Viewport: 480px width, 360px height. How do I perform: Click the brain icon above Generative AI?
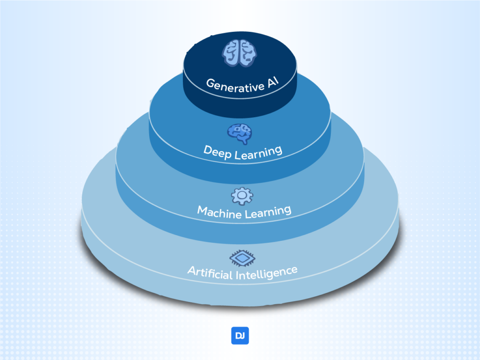[x=240, y=52]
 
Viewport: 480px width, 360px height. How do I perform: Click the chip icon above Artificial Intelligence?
[x=240, y=258]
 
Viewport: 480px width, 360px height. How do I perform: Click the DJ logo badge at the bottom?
[x=240, y=336]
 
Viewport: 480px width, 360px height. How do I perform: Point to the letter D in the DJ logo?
[x=237, y=336]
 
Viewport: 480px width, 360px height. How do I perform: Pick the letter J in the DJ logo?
[x=243, y=336]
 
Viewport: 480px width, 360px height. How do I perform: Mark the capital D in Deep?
[x=207, y=151]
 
